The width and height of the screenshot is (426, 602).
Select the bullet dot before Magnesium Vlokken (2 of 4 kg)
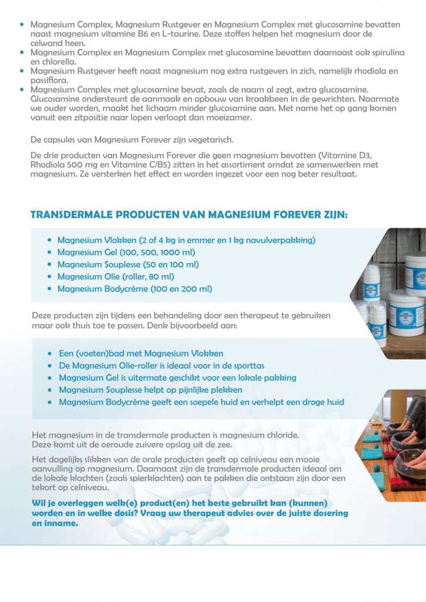[x=50, y=241]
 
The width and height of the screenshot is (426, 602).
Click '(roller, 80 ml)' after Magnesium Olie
[x=148, y=277]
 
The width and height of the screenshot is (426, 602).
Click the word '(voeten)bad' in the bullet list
[x=102, y=354]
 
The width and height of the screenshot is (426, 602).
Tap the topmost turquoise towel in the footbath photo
[x=372, y=438]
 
